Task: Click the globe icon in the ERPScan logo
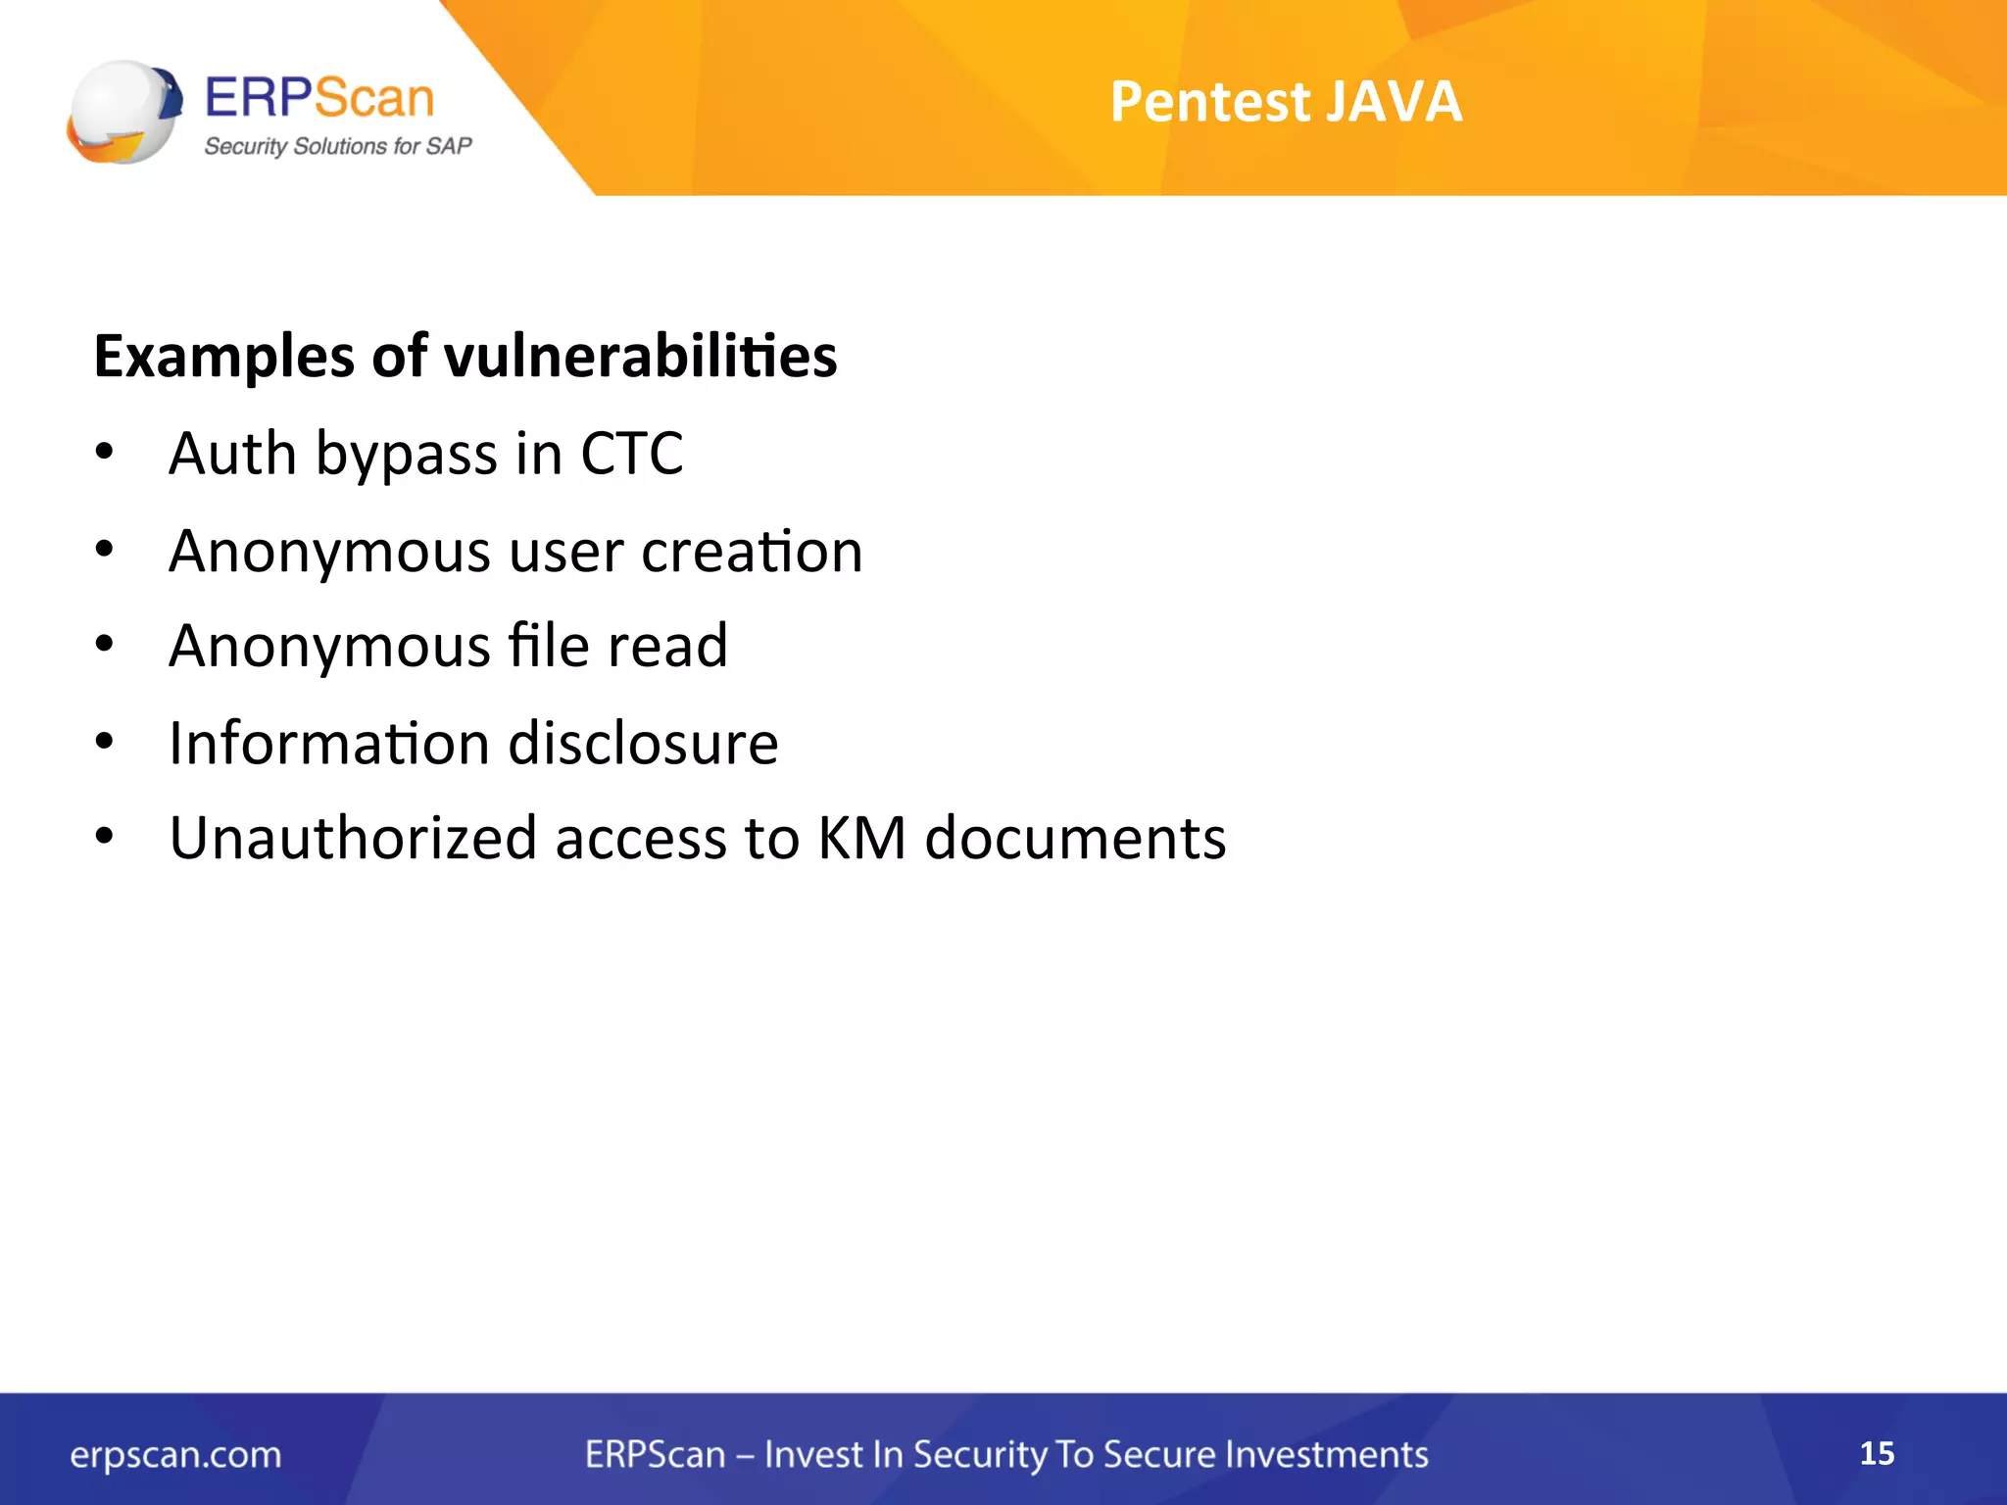pos(124,112)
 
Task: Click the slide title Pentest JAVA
pos(1286,102)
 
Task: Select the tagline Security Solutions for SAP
pos(337,147)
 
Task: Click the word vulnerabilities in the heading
pos(641,356)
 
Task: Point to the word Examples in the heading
pos(224,358)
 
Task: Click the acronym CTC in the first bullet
pos(631,454)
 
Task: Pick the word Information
pos(329,743)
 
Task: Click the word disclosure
pos(643,743)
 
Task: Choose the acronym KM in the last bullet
pos(861,839)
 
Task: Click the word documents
pos(1075,839)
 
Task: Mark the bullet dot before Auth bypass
pos(105,453)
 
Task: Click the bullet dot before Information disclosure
pos(105,742)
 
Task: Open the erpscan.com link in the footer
pos(175,1455)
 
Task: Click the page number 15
pos(1877,1453)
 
